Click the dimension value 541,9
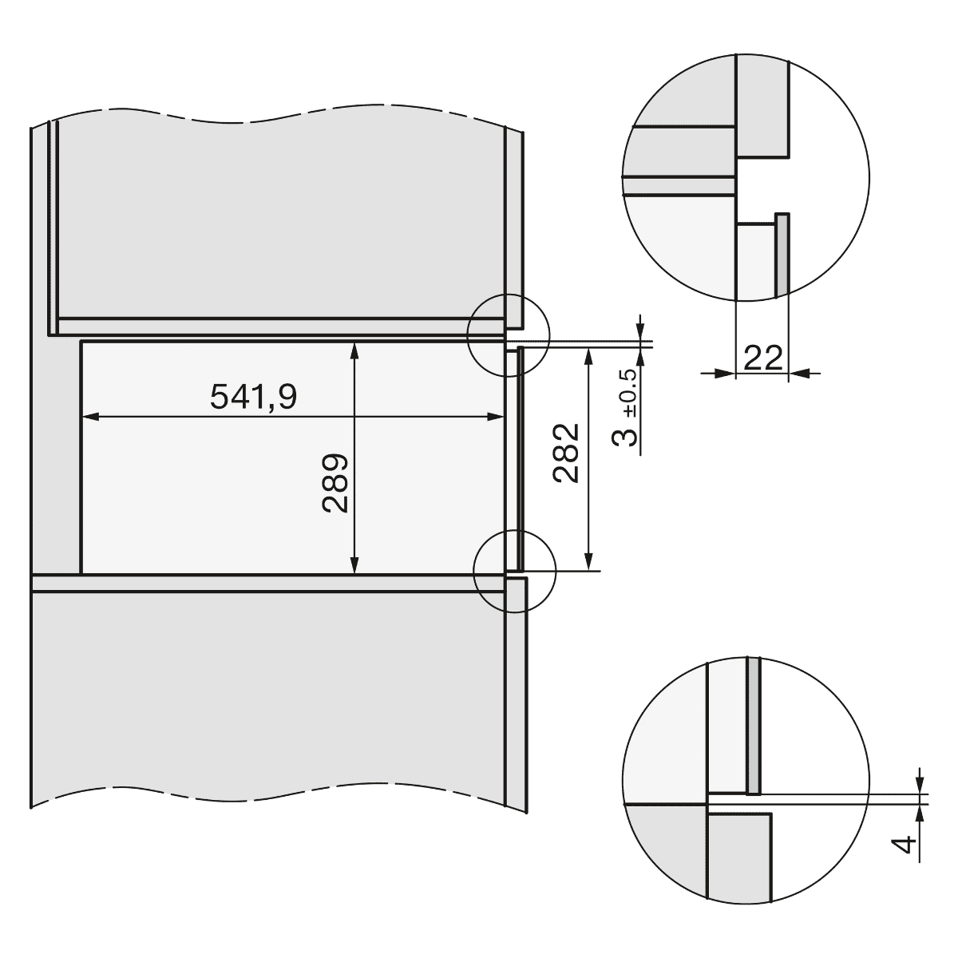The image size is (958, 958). tap(254, 397)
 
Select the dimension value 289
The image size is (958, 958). tap(335, 483)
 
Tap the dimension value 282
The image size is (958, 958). tap(566, 453)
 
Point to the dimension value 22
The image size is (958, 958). tap(763, 358)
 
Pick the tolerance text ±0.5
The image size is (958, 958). tap(629, 394)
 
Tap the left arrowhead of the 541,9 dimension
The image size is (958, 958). tap(89, 417)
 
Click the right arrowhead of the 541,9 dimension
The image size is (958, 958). tap(497, 417)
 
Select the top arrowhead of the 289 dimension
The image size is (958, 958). tap(354, 350)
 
